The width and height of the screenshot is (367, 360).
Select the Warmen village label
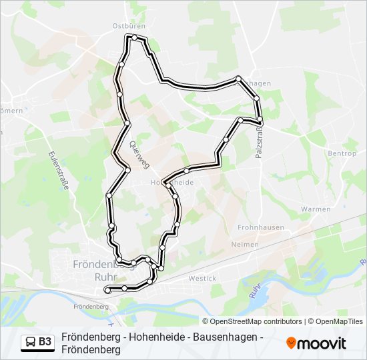click(316, 209)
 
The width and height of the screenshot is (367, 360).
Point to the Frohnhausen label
click(261, 227)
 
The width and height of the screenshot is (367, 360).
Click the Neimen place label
click(244, 245)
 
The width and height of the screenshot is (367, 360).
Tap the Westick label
click(202, 278)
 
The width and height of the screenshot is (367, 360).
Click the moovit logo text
click(322, 343)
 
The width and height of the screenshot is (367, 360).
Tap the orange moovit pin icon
click(292, 343)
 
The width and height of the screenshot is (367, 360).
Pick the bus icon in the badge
click(31, 342)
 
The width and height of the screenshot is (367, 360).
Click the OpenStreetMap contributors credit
click(252, 321)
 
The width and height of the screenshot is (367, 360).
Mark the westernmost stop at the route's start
click(107, 290)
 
